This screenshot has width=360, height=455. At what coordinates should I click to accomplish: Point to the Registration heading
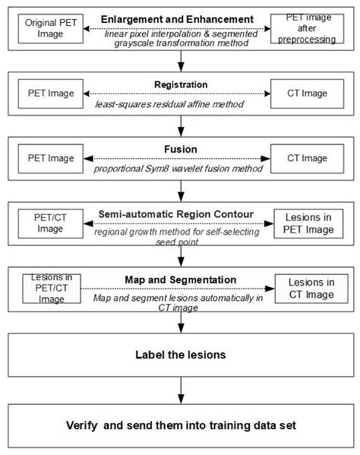(x=180, y=85)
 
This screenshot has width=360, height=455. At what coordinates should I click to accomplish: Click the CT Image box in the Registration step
(x=308, y=94)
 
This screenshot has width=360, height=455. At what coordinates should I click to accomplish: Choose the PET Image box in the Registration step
(x=51, y=94)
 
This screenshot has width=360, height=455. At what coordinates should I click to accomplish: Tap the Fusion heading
(x=180, y=150)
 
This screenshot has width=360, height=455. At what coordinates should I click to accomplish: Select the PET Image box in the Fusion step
(x=51, y=159)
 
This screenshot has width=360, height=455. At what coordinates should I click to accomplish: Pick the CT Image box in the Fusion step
(x=308, y=159)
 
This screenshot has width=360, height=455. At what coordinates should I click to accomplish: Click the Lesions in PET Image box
(x=307, y=223)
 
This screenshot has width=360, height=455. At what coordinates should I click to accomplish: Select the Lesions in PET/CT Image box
(x=51, y=289)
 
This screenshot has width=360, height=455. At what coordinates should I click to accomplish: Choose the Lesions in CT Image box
(x=307, y=289)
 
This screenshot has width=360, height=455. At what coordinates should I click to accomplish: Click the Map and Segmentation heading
(x=180, y=280)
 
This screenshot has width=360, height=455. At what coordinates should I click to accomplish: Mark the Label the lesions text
(x=180, y=355)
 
